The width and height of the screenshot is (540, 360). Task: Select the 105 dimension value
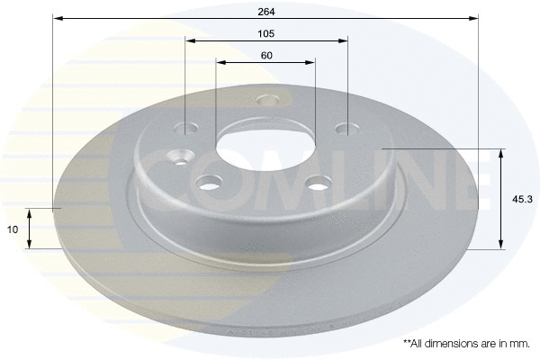pyautogui.click(x=265, y=32)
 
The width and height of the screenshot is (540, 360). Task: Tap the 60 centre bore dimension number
pyautogui.click(x=265, y=55)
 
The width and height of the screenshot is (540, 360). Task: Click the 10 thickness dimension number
pyautogui.click(x=13, y=229)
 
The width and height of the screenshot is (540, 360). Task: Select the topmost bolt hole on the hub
pyautogui.click(x=265, y=101)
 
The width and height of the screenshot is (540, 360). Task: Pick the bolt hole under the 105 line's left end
pyautogui.click(x=185, y=129)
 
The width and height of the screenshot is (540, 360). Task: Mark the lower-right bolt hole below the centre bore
pyautogui.click(x=316, y=184)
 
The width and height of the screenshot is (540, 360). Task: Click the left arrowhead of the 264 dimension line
pyautogui.click(x=57, y=17)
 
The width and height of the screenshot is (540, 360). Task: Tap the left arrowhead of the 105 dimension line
pyautogui.click(x=190, y=40)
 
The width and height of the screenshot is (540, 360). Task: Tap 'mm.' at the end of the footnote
pyautogui.click(x=520, y=344)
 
